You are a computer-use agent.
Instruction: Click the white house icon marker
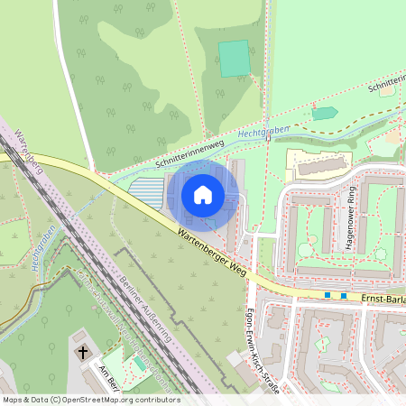pyautogui.click(x=203, y=194)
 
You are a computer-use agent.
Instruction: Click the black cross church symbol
pyautogui.click(x=83, y=351)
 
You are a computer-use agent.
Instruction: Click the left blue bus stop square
pyautogui.click(x=328, y=295)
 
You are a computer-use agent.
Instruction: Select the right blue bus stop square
pyautogui.click(x=344, y=295)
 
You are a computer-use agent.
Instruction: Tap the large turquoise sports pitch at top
pyautogui.click(x=235, y=59)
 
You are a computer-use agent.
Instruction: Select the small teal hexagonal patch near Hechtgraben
pyautogui.click(x=324, y=114)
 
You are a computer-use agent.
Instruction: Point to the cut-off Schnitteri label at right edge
pyautogui.click(x=386, y=86)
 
